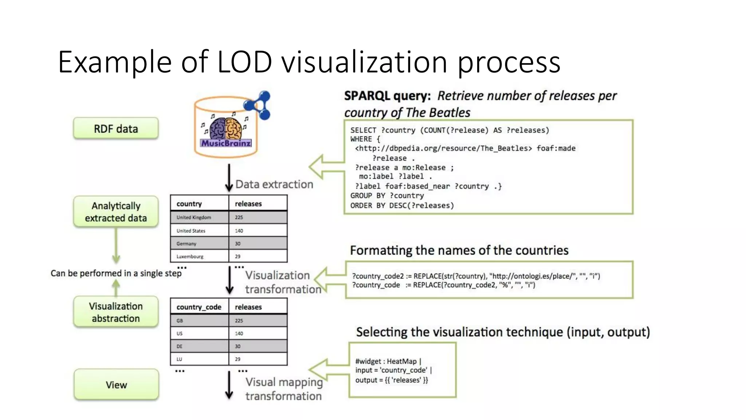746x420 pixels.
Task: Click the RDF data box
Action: tap(116, 129)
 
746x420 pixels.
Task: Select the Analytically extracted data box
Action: tap(116, 212)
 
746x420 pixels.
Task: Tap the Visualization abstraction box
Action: tap(116, 312)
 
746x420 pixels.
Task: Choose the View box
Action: tap(116, 385)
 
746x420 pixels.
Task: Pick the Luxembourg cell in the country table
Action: tap(190, 256)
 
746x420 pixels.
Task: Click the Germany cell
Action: tap(186, 244)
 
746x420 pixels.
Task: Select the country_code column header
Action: tap(199, 307)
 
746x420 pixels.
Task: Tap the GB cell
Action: tap(180, 320)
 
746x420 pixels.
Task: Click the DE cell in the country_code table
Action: tap(180, 346)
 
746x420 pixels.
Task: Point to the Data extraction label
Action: tap(274, 184)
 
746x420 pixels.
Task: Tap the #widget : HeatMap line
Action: tap(388, 361)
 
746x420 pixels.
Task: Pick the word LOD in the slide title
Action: tap(244, 62)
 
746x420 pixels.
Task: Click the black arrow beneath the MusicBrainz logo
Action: tap(229, 178)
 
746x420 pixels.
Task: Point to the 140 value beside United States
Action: tap(239, 231)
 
